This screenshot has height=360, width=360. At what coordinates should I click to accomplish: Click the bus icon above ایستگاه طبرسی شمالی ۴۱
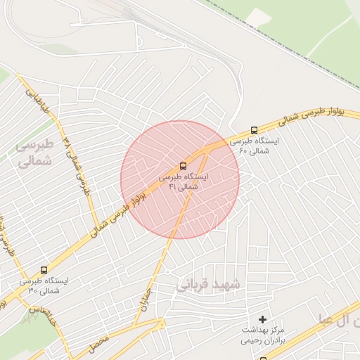pos(184,166)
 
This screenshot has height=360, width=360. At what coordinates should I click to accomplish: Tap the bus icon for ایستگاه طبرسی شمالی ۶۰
pos(254,130)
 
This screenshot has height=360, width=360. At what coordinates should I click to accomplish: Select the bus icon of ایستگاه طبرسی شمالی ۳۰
pos(45,270)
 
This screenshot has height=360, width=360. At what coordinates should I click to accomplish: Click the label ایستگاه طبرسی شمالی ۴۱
pos(184,182)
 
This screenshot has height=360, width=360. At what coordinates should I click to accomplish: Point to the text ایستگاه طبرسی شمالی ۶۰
pos(254,146)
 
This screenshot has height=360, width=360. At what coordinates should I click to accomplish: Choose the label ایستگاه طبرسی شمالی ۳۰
pos(44,285)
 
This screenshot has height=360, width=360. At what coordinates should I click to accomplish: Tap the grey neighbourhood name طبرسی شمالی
pos(34,152)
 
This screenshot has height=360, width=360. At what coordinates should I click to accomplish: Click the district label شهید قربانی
pos(208,285)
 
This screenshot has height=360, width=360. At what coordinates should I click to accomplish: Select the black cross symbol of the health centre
pos(263,319)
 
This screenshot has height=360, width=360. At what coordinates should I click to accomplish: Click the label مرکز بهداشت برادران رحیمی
pos(270,335)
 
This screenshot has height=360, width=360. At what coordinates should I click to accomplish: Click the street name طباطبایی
pos(35,102)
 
